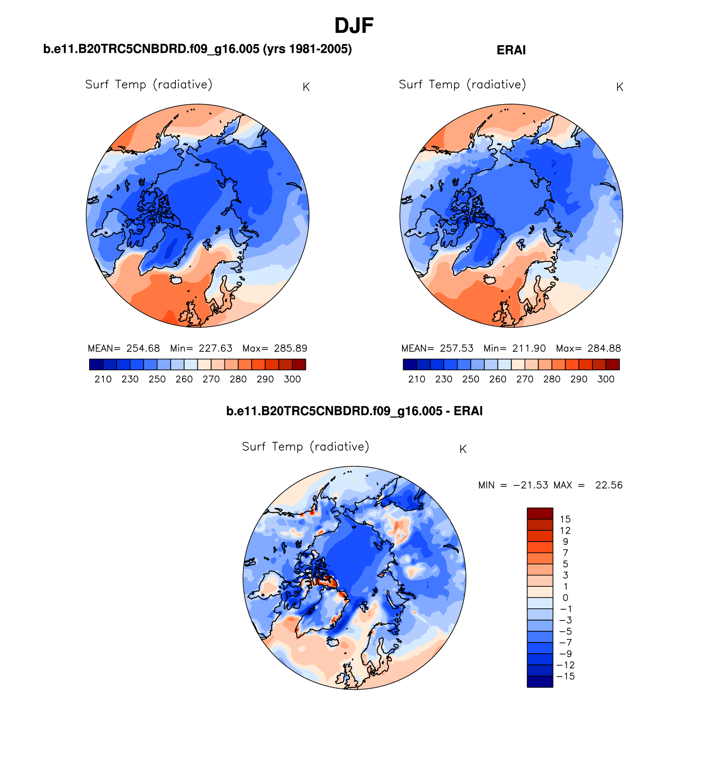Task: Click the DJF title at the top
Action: pos(354,26)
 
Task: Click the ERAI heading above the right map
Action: pos(511,50)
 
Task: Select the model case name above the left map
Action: pos(197,49)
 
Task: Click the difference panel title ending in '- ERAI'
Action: pos(354,411)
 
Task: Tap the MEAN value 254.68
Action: pos(143,348)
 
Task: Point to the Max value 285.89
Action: pos(291,348)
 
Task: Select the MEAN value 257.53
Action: pos(456,348)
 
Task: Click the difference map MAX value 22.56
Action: pos(609,485)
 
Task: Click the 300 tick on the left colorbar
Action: pos(292,379)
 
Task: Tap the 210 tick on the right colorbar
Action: pos(417,379)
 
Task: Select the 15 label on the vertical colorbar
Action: pos(565,519)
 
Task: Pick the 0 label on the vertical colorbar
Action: pos(565,598)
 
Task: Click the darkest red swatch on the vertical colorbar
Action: pos(540,513)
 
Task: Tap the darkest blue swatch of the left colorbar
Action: pos(96,364)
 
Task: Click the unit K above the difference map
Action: pos(463,449)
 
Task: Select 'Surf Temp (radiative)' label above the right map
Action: pos(462,85)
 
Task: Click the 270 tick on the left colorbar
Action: pos(211,379)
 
